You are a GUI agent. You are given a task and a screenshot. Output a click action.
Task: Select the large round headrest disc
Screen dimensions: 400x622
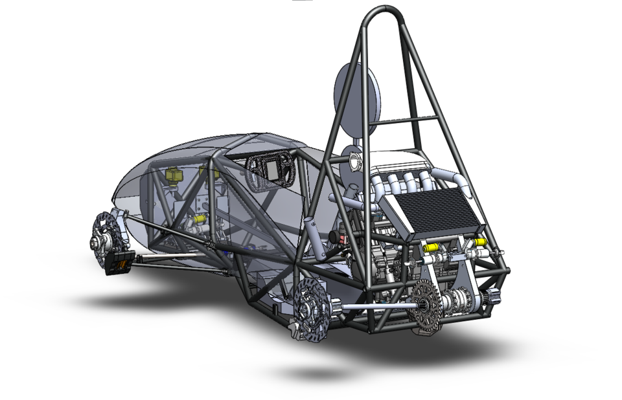(356, 100)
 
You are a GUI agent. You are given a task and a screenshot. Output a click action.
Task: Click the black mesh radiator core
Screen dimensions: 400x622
(439, 210)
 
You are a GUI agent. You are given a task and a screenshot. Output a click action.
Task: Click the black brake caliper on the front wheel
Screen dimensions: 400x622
(121, 263)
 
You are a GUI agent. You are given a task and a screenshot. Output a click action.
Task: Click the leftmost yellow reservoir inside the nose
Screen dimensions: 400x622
(173, 175)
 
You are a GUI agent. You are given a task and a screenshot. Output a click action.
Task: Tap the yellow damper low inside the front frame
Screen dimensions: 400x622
(200, 219)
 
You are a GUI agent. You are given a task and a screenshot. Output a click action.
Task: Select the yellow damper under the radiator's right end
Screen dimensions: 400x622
(480, 242)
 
